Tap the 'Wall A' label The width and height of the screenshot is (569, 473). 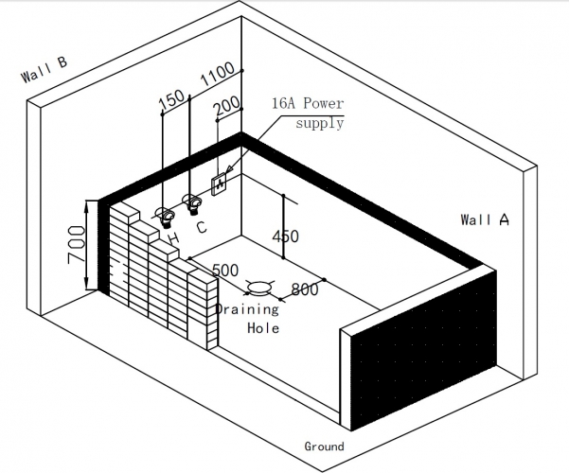485,219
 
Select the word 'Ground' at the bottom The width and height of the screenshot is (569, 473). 324,446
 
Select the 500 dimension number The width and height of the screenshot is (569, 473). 225,271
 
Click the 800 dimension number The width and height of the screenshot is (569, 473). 305,290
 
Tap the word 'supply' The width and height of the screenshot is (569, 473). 319,124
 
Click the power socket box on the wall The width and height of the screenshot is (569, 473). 220,181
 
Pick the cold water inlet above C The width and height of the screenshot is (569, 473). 193,202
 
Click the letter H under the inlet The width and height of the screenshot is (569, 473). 172,237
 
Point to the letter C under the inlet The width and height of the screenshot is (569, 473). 202,226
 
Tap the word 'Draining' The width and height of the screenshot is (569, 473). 246,309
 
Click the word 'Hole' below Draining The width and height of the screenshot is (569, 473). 262,328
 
